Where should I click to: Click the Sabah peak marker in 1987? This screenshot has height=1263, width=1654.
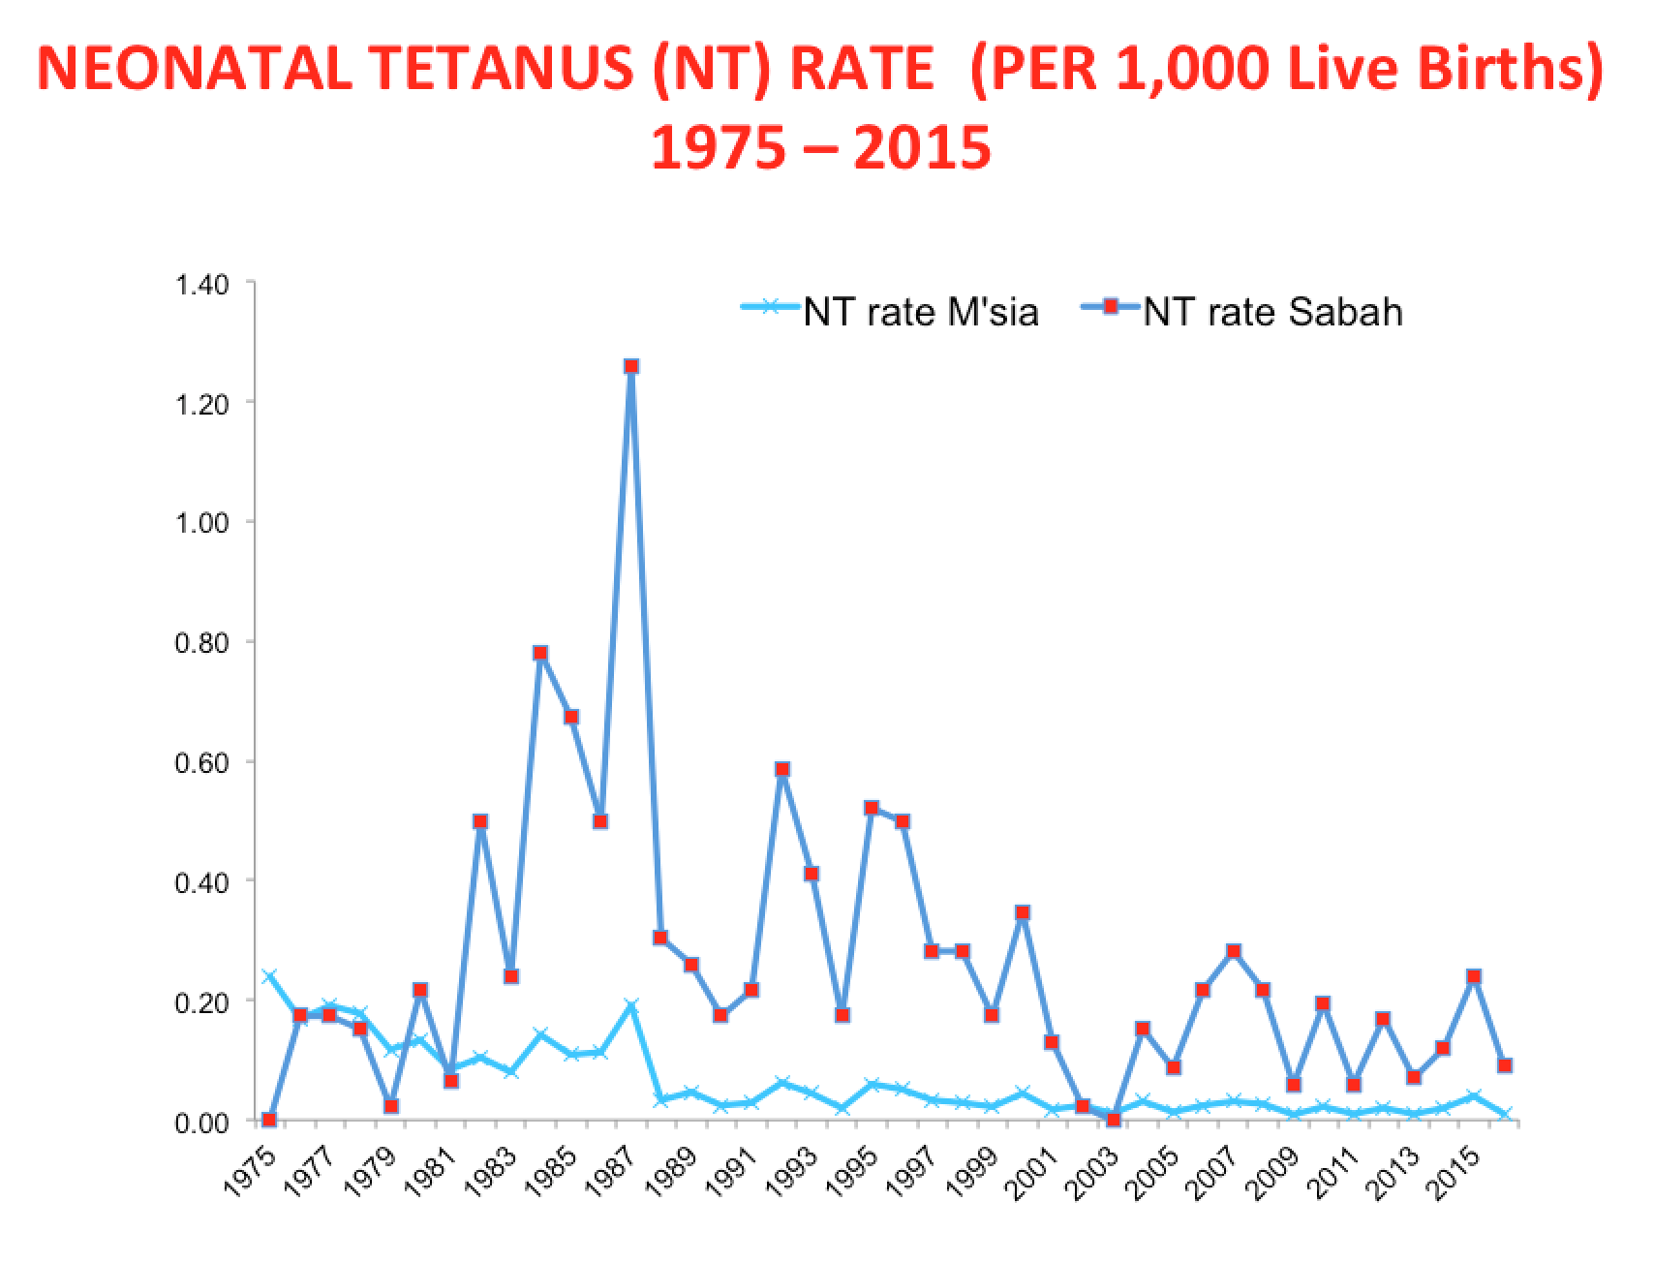630,366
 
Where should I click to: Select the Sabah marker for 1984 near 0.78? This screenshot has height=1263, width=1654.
540,654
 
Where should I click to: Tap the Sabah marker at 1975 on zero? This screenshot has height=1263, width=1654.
269,1120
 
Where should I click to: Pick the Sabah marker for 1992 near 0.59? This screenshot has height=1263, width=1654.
781,770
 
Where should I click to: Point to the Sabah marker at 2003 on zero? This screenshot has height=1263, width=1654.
1113,1120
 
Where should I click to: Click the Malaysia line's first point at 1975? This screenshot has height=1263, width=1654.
269,976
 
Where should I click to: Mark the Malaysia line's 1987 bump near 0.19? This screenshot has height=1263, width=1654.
630,1007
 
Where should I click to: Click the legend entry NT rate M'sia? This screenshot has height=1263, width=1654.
920,313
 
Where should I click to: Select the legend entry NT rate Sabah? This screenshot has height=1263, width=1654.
1271,313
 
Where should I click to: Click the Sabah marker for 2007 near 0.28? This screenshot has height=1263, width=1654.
1233,952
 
